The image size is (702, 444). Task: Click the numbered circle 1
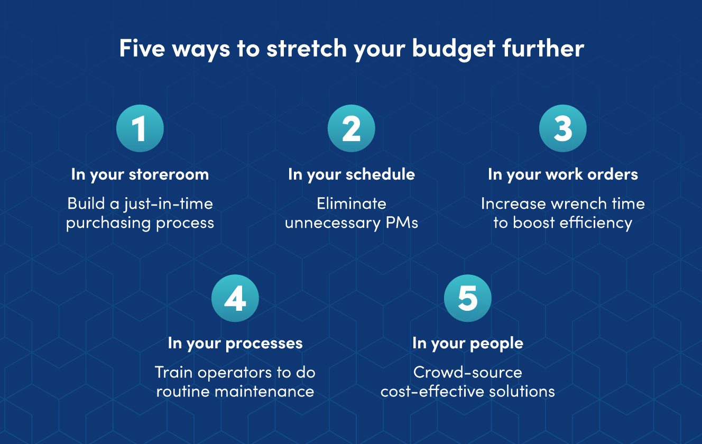pyautogui.click(x=140, y=128)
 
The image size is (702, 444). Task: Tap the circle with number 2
pyautogui.click(x=352, y=128)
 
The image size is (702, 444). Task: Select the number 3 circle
pyautogui.click(x=563, y=128)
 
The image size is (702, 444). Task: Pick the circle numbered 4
pyautogui.click(x=235, y=298)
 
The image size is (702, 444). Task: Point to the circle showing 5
pyautogui.click(x=468, y=298)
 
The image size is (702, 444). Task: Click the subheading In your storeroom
pyautogui.click(x=140, y=174)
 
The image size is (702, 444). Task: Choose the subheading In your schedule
pyautogui.click(x=352, y=174)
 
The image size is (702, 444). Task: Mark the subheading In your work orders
pyautogui.click(x=563, y=174)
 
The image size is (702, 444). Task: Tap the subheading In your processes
pyautogui.click(x=235, y=343)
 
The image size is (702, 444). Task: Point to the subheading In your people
pyautogui.click(x=468, y=343)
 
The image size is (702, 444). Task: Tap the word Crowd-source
pyautogui.click(x=468, y=372)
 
